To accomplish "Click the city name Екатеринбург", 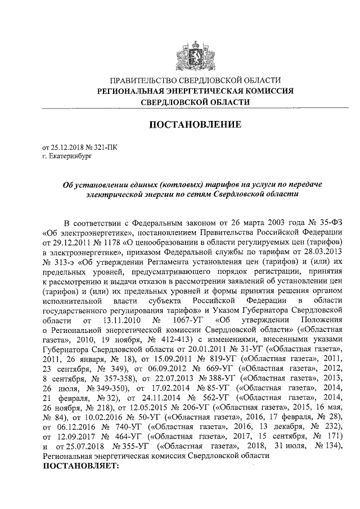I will pos(69,155).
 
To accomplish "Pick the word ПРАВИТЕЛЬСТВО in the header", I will pos(143,81).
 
